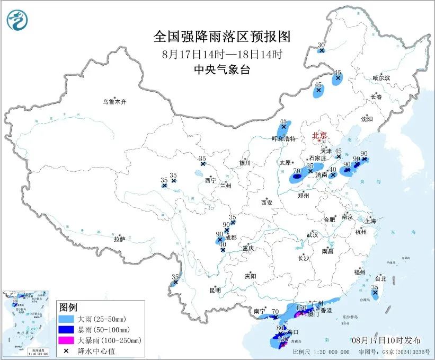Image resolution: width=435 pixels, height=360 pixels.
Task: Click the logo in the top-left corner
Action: pyautogui.click(x=17, y=20)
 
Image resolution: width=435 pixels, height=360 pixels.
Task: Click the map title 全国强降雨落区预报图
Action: pyautogui.click(x=222, y=36)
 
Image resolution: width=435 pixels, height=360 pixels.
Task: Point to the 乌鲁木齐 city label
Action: pyautogui.click(x=115, y=101)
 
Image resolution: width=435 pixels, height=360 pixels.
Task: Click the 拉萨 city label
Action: pyautogui.click(x=119, y=239)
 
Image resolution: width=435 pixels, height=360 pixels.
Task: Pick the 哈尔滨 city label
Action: pyautogui.click(x=380, y=78)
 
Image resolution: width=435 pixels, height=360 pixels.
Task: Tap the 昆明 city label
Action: pyautogui.click(x=215, y=290)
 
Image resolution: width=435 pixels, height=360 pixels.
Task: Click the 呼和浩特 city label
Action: pyautogui.click(x=283, y=138)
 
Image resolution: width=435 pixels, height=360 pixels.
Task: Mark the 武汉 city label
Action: pyautogui.click(x=312, y=234)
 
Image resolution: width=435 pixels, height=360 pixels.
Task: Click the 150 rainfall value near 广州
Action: pyautogui.click(x=301, y=308)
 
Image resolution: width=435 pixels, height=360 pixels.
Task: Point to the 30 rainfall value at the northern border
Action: pyautogui.click(x=321, y=45)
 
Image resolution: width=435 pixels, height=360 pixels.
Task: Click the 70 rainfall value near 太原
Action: pyautogui.click(x=297, y=171)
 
